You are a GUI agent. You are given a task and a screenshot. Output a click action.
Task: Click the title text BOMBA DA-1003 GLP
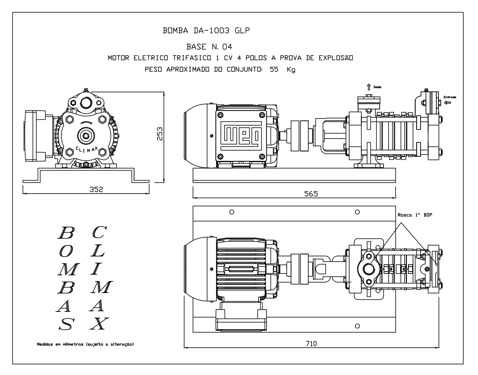tap(206, 31)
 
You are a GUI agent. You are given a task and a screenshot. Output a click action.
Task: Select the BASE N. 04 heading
tap(209, 47)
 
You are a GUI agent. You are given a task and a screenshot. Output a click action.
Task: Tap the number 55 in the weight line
tap(274, 69)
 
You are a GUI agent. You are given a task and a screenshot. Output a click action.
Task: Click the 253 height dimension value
tap(160, 134)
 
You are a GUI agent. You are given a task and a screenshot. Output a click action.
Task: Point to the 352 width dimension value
tap(96, 189)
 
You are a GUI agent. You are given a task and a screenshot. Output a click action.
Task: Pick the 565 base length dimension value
tap(311, 194)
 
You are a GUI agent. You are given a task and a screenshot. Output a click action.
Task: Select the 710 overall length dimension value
tap(311, 344)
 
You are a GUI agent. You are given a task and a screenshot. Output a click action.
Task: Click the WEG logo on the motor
tap(241, 136)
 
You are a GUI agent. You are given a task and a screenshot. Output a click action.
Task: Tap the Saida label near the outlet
tap(377, 87)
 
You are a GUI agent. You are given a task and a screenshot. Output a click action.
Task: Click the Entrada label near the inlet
tap(450, 97)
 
